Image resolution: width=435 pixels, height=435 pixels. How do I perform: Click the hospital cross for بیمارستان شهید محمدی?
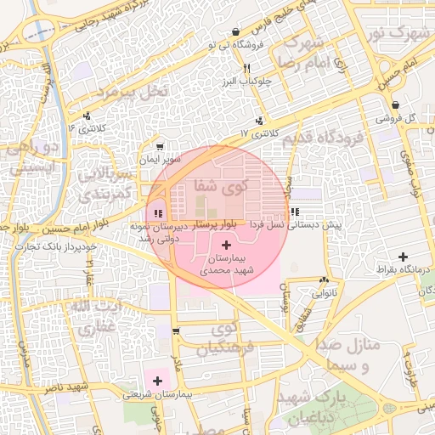point(225,245)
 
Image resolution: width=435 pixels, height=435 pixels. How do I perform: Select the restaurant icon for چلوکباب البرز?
point(246,67)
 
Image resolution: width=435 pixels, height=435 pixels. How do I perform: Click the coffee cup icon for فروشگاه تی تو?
point(234,31)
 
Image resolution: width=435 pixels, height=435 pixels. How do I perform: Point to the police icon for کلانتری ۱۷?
point(258,121)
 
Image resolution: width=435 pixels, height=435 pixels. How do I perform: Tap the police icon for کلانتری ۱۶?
point(87,116)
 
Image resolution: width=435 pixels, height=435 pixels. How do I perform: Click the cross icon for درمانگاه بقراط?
point(402,257)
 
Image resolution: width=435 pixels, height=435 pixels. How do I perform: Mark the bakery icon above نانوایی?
point(323,280)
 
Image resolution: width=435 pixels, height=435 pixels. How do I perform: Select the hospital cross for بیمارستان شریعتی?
point(158,380)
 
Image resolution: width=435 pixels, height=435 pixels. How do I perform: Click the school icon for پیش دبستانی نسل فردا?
point(294,212)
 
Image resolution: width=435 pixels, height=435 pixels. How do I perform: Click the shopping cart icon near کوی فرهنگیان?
point(176,331)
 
